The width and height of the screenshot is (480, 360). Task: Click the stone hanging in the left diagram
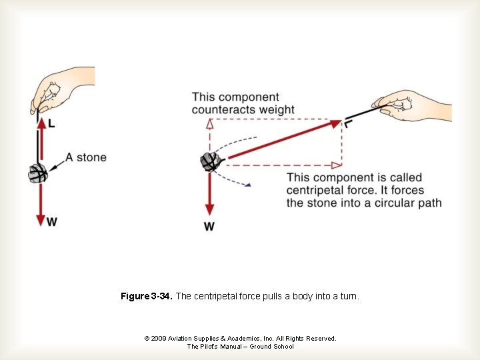(38, 174)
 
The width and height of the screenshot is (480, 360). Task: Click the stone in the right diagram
(211, 161)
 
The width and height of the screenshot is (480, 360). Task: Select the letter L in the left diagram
(52, 124)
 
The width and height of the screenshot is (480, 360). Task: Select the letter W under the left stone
(51, 222)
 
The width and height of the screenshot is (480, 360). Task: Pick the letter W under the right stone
(209, 227)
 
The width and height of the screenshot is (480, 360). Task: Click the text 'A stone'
(85, 158)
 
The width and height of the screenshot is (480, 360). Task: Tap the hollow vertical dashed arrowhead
(211, 124)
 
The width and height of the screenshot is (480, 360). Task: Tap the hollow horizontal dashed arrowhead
(336, 163)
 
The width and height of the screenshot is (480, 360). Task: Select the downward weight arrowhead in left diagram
(41, 219)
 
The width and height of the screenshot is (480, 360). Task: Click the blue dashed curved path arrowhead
(247, 185)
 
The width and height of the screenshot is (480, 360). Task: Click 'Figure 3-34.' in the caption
(147, 296)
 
